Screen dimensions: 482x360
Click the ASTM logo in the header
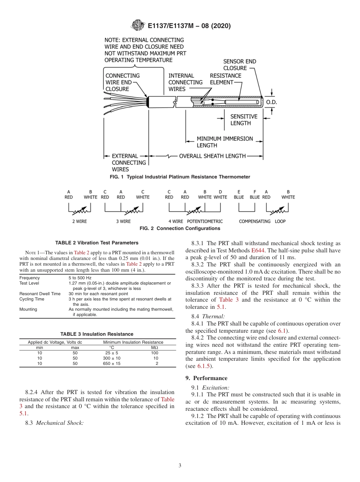click(x=138, y=25)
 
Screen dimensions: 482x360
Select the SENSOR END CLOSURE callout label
click(x=239, y=65)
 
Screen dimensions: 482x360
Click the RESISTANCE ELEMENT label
click(x=225, y=79)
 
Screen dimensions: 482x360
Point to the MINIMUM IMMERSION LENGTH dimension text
click(x=224, y=142)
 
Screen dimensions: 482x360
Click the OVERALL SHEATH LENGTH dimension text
click(x=212, y=156)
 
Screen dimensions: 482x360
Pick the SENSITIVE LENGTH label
click(x=244, y=120)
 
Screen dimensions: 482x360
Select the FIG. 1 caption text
click(x=180, y=177)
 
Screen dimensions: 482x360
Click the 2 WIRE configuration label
click(x=80, y=221)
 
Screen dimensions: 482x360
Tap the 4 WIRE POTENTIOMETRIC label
click(x=195, y=221)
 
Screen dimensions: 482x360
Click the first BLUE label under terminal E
click(x=239, y=197)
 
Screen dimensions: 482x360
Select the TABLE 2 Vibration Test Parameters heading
click(x=97, y=243)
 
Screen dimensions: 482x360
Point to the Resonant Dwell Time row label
click(x=40, y=294)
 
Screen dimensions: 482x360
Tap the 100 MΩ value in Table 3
click(x=155, y=353)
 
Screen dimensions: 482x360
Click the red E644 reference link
click(x=256, y=250)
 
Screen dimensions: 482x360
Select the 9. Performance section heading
click(x=211, y=378)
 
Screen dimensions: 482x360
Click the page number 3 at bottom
click(x=180, y=465)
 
